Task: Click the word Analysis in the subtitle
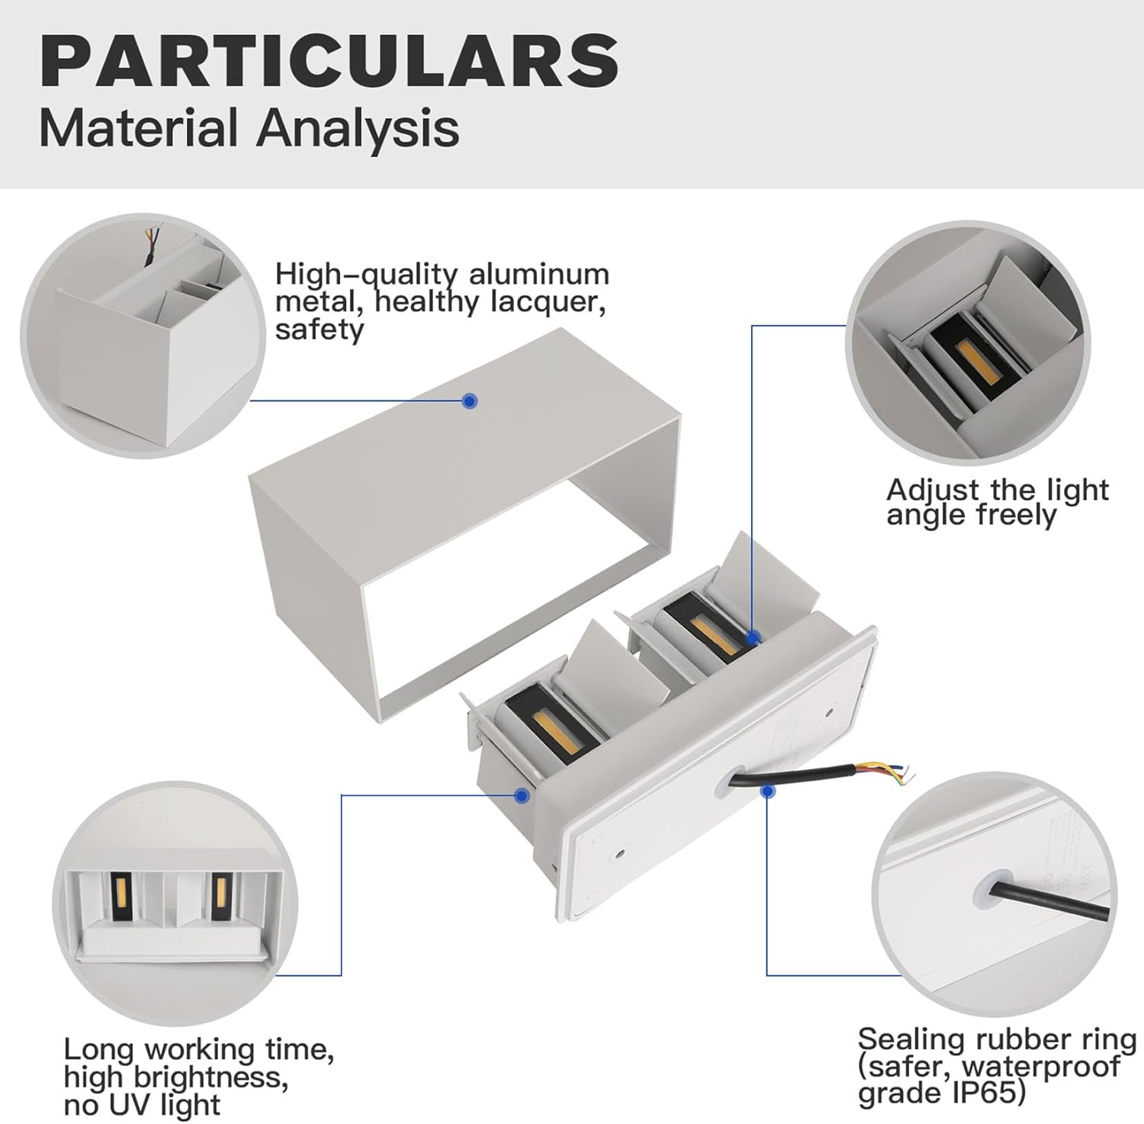358,128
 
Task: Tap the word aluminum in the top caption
539,275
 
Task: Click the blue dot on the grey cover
471,400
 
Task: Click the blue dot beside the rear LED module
753,637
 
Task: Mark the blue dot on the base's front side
522,795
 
